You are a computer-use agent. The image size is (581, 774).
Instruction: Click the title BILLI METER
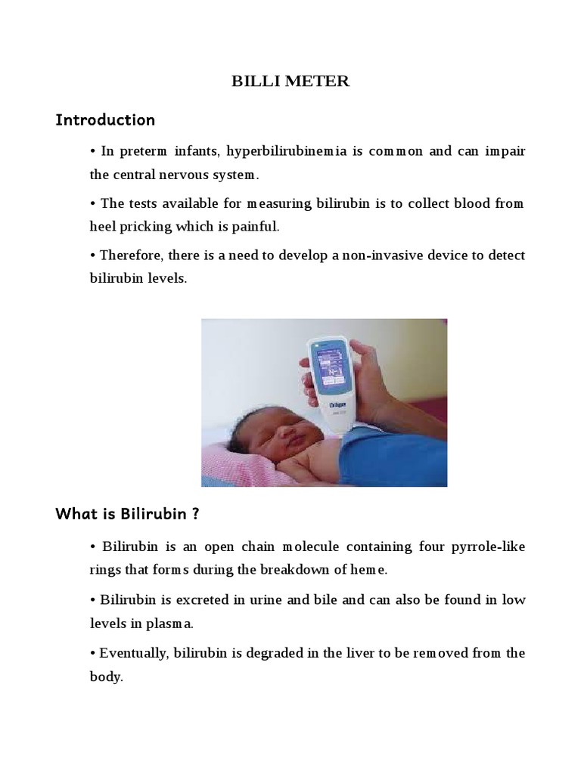click(290, 82)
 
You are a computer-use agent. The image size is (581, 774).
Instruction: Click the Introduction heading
click(105, 120)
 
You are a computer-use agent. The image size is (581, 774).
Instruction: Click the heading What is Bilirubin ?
click(127, 515)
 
